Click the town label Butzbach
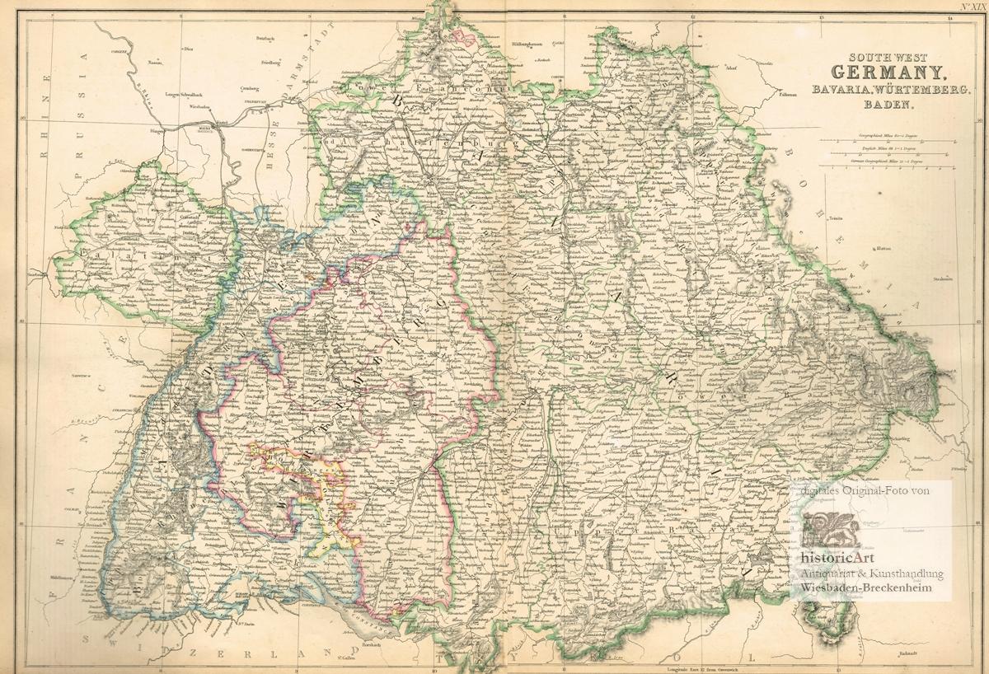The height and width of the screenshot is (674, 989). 265,38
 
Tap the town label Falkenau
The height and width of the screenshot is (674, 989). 785,94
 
